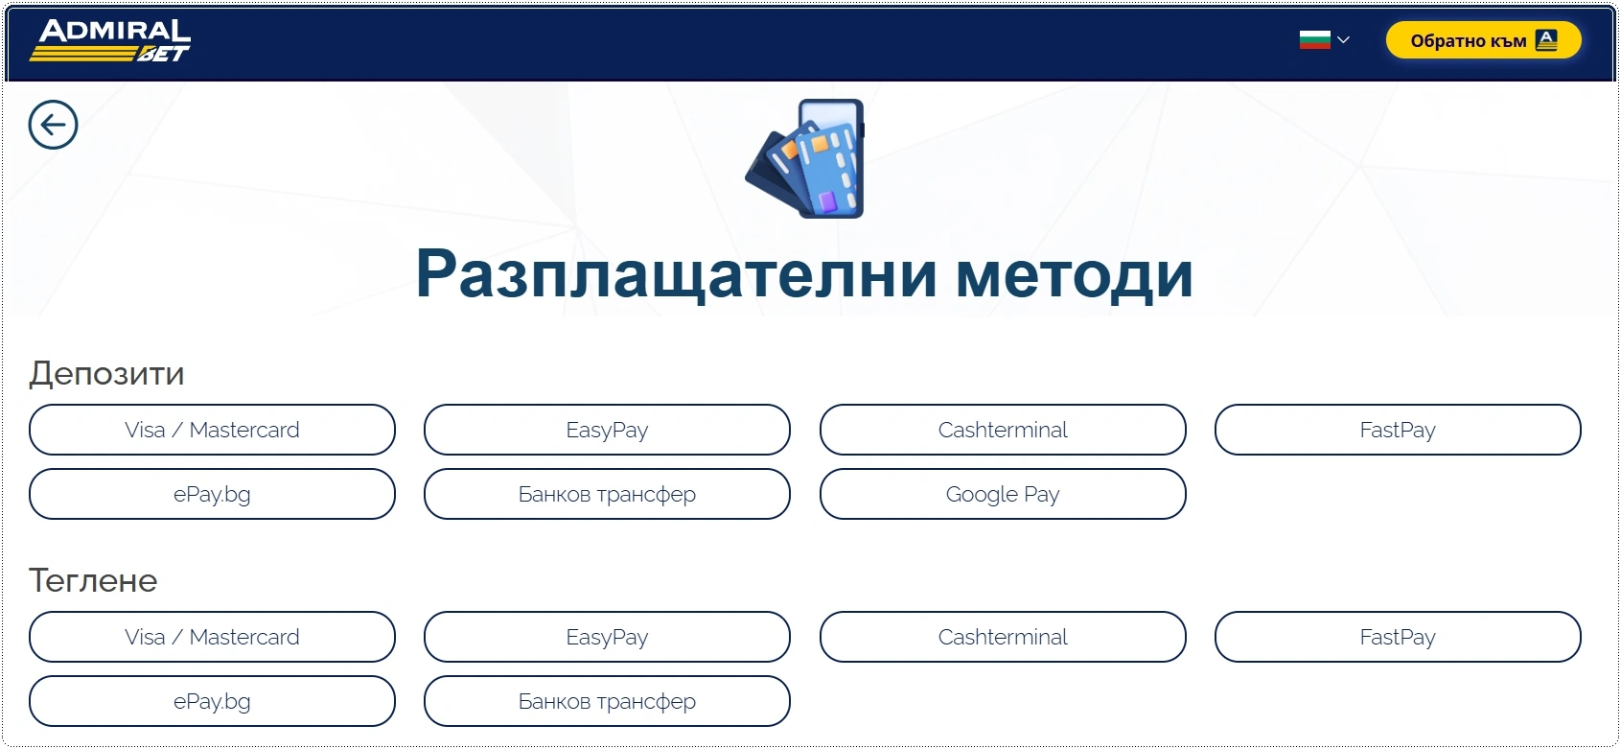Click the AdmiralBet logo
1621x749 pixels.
(110, 40)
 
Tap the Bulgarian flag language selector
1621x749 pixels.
(1324, 40)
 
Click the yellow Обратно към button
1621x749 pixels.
(1484, 40)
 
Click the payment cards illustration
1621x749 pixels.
(804, 158)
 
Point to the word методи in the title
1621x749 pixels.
(1075, 274)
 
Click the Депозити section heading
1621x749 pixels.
(106, 373)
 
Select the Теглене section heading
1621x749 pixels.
(93, 580)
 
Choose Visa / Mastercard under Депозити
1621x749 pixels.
(212, 430)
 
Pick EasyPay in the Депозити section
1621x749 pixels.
(607, 430)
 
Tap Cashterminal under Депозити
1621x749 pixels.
(1003, 430)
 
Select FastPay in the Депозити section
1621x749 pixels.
(1398, 430)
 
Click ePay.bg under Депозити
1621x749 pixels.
(212, 494)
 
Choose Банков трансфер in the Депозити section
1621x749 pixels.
(607, 494)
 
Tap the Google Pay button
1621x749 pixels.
(1003, 494)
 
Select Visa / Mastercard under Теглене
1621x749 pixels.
(212, 637)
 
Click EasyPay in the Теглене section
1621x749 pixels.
(607, 637)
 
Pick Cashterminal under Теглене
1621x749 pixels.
(1003, 637)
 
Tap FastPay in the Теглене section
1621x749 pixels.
(1398, 637)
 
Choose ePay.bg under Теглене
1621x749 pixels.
(212, 701)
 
